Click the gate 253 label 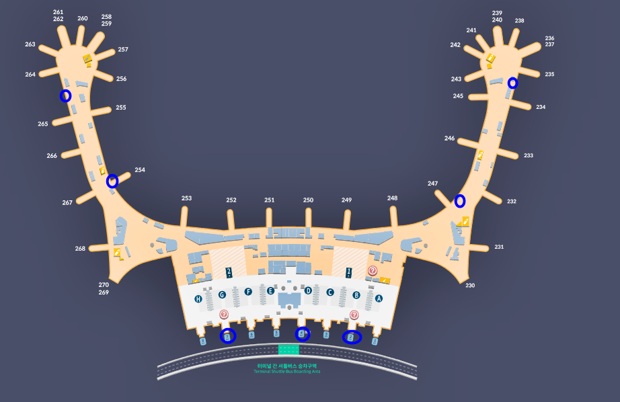click(x=186, y=198)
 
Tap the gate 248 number click(x=392, y=198)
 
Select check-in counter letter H click(x=198, y=299)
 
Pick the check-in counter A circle click(x=379, y=298)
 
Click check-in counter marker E click(x=270, y=291)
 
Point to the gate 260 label click(x=83, y=19)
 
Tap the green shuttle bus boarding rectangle click(x=288, y=350)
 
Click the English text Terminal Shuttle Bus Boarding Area click(x=286, y=371)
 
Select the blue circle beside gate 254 click(x=112, y=181)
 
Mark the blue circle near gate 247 click(x=460, y=200)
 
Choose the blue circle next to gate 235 click(x=512, y=83)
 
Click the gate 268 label click(x=81, y=249)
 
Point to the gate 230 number click(x=470, y=286)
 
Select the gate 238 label click(x=519, y=21)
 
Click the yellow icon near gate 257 click(x=87, y=60)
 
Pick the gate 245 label click(x=458, y=96)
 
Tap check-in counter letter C click(x=330, y=292)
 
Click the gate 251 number click(x=270, y=200)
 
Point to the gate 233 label click(x=529, y=155)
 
